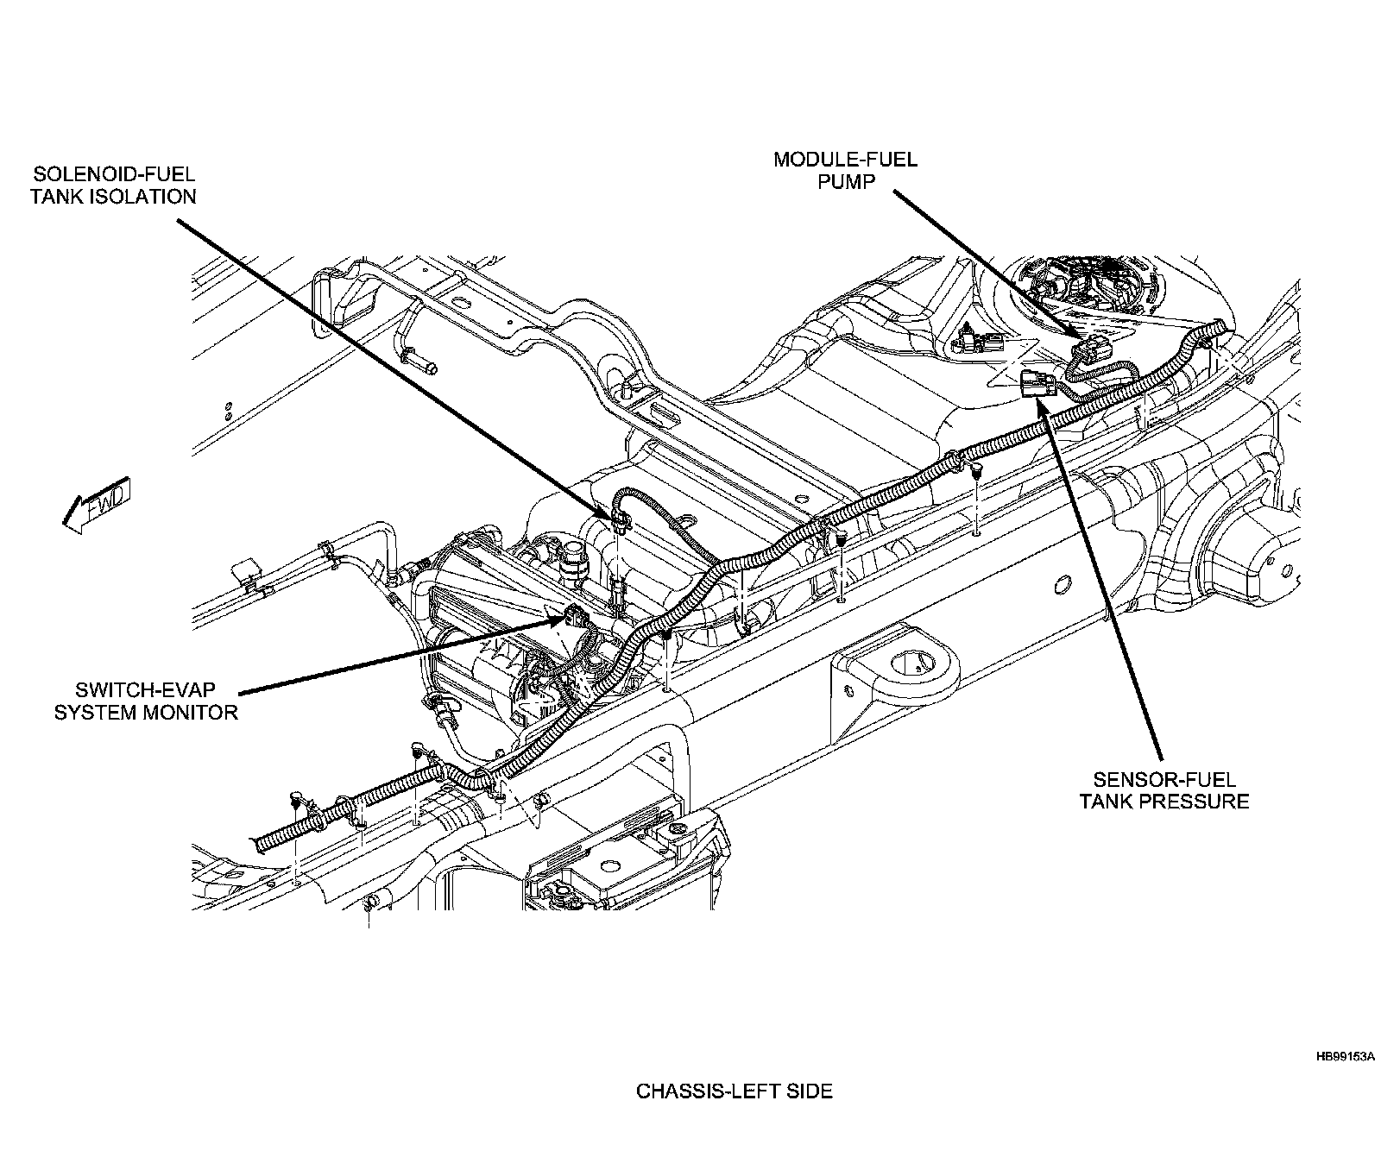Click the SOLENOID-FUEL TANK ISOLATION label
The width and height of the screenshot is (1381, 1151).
(113, 184)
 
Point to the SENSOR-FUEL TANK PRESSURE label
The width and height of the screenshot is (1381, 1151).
(1164, 790)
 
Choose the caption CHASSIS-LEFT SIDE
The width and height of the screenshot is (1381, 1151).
(735, 1091)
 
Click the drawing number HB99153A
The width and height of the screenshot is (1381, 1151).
(1344, 1055)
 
